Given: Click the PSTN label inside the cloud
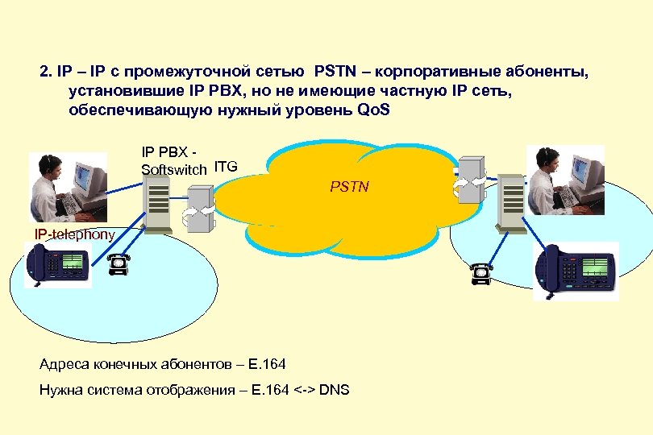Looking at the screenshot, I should click(349, 187).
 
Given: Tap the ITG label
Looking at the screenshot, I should click(226, 167).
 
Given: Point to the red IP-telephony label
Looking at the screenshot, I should click(74, 234).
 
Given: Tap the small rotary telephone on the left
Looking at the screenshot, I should click(119, 264).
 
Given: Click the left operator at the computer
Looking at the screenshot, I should click(69, 187).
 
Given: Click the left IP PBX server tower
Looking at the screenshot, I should click(158, 204).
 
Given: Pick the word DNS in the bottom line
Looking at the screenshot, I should click(335, 391).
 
